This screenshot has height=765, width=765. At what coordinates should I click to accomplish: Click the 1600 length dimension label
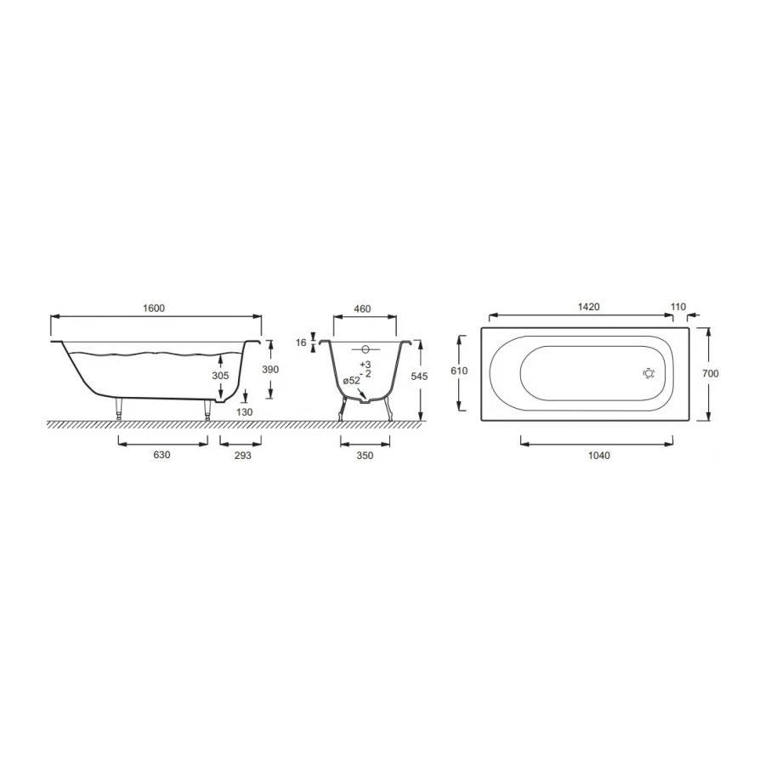[x=154, y=309]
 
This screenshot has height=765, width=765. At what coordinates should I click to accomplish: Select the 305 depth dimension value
[x=220, y=376]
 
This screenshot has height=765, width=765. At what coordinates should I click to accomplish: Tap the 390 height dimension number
[x=270, y=370]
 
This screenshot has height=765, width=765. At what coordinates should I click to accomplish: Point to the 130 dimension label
[x=245, y=412]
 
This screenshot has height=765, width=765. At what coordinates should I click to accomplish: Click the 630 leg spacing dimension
[x=162, y=455]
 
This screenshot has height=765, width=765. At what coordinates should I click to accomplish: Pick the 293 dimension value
[x=242, y=456]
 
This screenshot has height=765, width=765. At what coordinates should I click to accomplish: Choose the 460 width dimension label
[x=362, y=309]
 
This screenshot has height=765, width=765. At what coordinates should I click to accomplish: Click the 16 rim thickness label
[x=301, y=343]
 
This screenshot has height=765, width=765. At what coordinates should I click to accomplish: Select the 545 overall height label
[x=419, y=377]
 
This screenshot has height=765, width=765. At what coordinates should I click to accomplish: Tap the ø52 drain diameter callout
[x=351, y=381]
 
